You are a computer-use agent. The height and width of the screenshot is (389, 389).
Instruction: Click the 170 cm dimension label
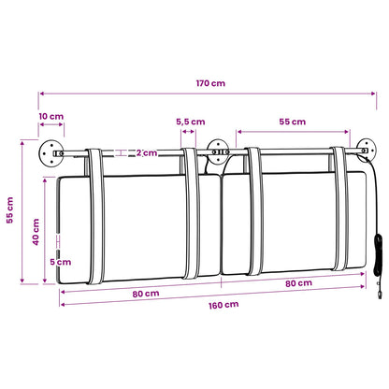point(210,83)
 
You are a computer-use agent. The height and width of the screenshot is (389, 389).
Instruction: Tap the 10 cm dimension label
point(51,116)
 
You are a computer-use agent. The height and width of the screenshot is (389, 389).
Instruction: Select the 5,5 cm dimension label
point(191,122)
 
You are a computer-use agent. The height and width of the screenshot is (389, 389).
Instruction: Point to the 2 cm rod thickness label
point(147,152)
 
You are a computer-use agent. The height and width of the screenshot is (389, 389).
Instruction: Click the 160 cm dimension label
point(223,305)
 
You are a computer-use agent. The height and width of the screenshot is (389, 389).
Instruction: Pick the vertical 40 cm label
point(36,232)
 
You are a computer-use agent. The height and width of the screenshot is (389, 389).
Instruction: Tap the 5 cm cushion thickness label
point(61,262)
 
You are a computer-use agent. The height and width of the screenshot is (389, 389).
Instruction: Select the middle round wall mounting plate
point(218,151)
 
